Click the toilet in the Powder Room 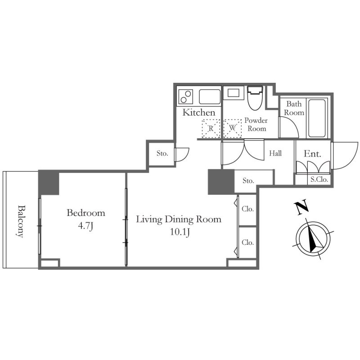click(255, 98)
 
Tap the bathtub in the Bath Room click(317, 118)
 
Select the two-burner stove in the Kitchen click(186, 97)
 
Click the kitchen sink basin click(210, 97)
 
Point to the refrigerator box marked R click(211, 128)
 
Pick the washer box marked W click(233, 128)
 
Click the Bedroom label click(86, 213)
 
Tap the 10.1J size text click(180, 232)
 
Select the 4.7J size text click(85, 226)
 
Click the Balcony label click(21, 221)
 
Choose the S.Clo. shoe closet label click(319, 180)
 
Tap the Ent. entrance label click(312, 153)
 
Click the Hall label click(275, 153)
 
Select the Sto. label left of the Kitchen click(162, 153)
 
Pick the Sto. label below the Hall click(248, 181)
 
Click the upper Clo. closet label click(247, 209)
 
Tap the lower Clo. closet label click(247, 242)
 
